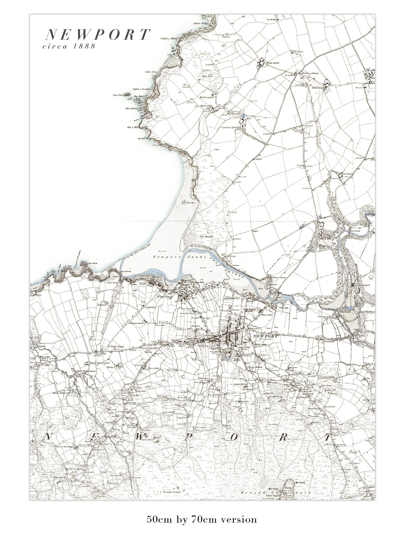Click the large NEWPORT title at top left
click(x=97, y=35)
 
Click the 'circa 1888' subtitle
click(x=69, y=46)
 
